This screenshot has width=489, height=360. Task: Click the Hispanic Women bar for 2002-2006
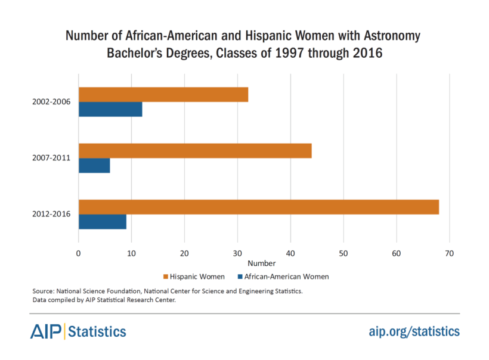point(163,95)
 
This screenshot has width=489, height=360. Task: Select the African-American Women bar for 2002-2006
point(110,109)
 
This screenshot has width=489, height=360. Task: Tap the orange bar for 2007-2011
point(195,151)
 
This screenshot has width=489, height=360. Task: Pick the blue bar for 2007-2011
point(94,165)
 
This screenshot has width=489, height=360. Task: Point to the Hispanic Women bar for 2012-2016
point(258,207)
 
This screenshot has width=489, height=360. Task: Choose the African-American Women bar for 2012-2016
point(102,221)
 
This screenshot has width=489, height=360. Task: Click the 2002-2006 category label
point(52,102)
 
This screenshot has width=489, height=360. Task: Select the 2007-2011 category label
point(52,158)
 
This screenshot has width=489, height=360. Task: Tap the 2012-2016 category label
point(52,214)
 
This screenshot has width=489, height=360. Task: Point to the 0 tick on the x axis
point(79,253)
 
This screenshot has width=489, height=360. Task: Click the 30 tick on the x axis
point(237,253)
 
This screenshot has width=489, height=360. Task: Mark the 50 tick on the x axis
point(343,253)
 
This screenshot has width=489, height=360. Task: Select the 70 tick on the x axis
point(449,253)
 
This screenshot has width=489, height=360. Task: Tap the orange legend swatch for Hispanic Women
point(165,277)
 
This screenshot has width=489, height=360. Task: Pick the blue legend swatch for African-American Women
point(240,277)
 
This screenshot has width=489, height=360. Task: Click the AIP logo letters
point(47,331)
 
